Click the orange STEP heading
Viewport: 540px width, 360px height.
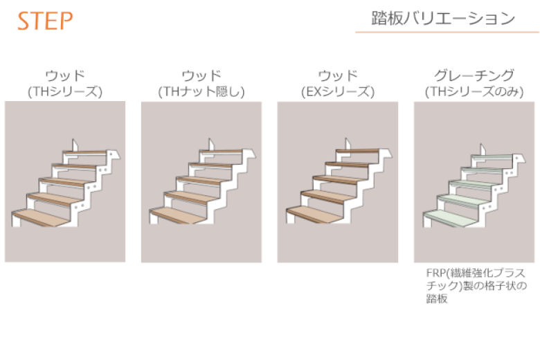pyautogui.click(x=45, y=20)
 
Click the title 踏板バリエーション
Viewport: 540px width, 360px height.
pyautogui.click(x=443, y=19)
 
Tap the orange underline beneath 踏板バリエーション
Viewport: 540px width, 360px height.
pyautogui.click(x=447, y=32)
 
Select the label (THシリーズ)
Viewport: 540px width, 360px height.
pyautogui.click(x=65, y=91)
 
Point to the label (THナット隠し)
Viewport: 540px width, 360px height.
pyautogui.click(x=201, y=91)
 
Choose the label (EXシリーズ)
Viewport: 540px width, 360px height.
pyautogui.click(x=338, y=91)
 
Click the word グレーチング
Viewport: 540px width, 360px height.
pyautogui.click(x=474, y=75)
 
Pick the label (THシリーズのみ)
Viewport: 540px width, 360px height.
pyautogui.click(x=474, y=91)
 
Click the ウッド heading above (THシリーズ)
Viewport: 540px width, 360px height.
pyautogui.click(x=65, y=75)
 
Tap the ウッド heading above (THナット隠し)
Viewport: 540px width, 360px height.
pyautogui.click(x=201, y=75)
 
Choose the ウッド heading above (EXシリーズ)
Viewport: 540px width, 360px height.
pyautogui.click(x=338, y=75)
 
